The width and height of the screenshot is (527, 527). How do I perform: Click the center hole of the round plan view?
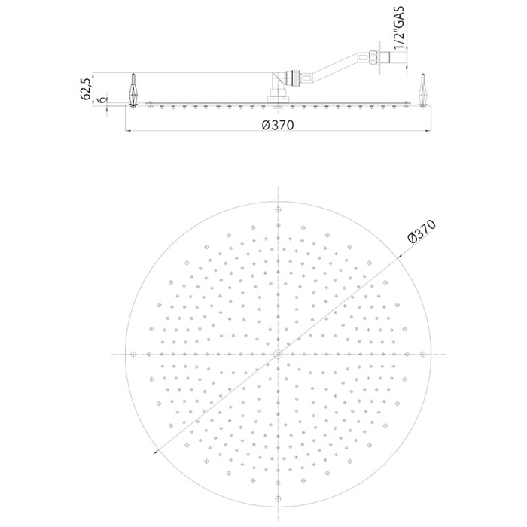coord(278,353)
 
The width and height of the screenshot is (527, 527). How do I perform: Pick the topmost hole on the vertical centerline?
coord(278,208)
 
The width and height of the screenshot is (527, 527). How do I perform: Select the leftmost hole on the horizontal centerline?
coord(132,353)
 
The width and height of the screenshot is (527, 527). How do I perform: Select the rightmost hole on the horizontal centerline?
coord(424,353)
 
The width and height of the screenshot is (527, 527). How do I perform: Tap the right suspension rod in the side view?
coord(423,90)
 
